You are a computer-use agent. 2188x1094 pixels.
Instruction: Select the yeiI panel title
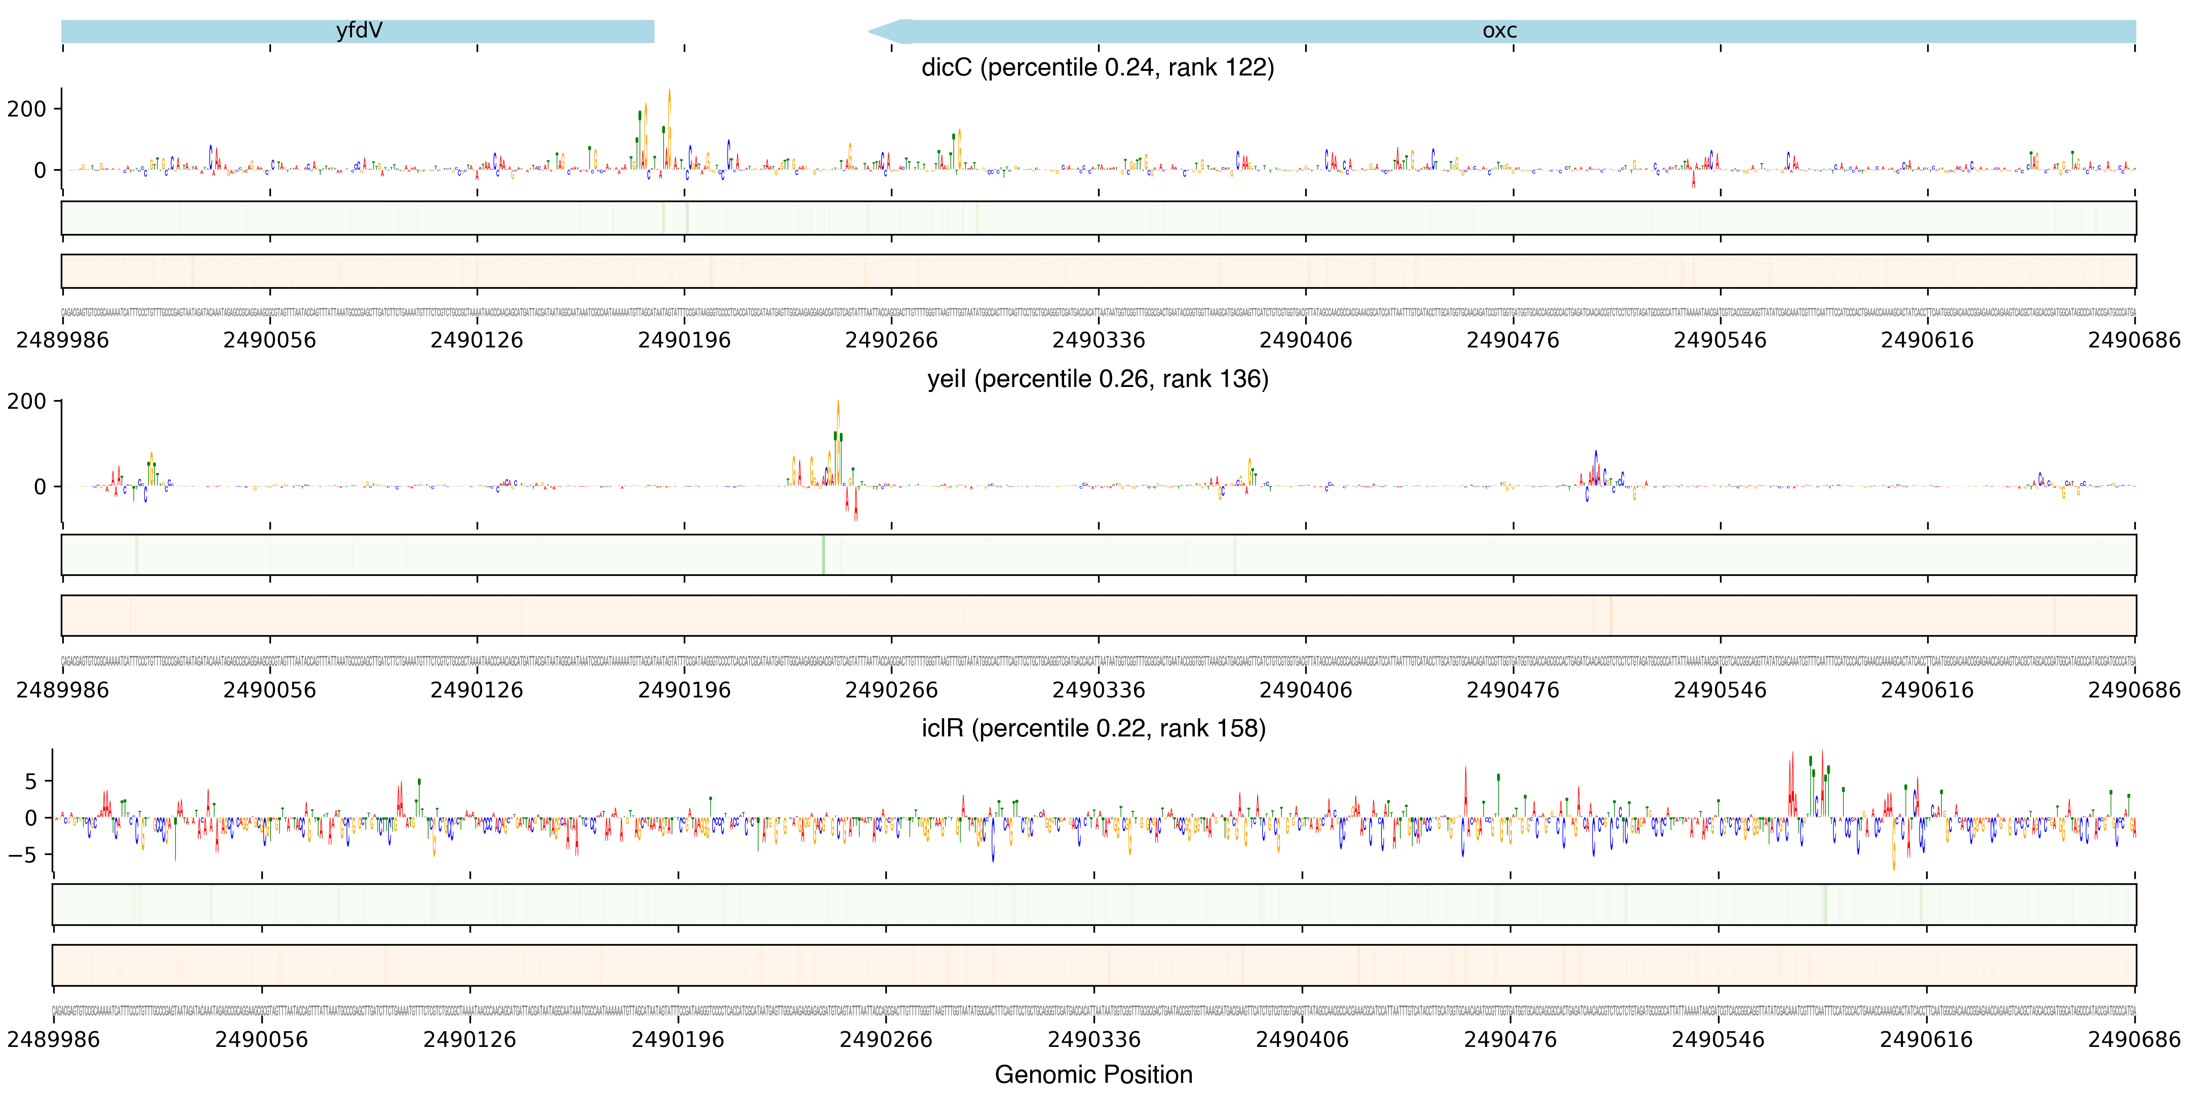pyautogui.click(x=1098, y=379)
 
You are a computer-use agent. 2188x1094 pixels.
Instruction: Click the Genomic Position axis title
pyautogui.click(x=1093, y=1074)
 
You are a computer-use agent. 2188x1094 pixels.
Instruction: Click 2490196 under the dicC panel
pyautogui.click(x=684, y=340)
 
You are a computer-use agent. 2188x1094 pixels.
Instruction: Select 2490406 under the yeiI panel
pyautogui.click(x=1306, y=690)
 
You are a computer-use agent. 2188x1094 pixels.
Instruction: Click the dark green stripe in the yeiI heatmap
pyautogui.click(x=823, y=555)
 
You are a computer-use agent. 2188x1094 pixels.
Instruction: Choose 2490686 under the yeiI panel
pyautogui.click(x=2134, y=690)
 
